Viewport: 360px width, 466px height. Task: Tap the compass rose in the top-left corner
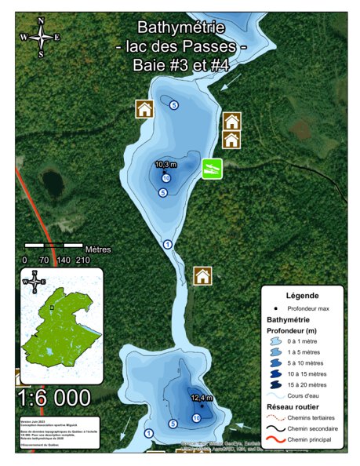click(x=41, y=37)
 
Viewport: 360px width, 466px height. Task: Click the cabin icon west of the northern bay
click(x=144, y=109)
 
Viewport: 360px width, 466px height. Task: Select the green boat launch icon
click(x=211, y=168)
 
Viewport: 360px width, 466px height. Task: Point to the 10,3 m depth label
click(x=166, y=165)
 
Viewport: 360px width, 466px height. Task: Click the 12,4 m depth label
click(x=202, y=399)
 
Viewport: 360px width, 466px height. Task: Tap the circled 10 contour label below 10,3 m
click(x=166, y=179)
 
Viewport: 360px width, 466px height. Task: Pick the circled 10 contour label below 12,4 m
click(x=196, y=418)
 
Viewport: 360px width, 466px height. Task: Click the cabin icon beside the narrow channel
click(x=202, y=276)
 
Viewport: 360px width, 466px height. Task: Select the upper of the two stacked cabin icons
click(x=231, y=122)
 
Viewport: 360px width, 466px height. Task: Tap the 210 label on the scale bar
click(x=83, y=260)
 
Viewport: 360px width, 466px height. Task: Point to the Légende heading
click(x=301, y=296)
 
